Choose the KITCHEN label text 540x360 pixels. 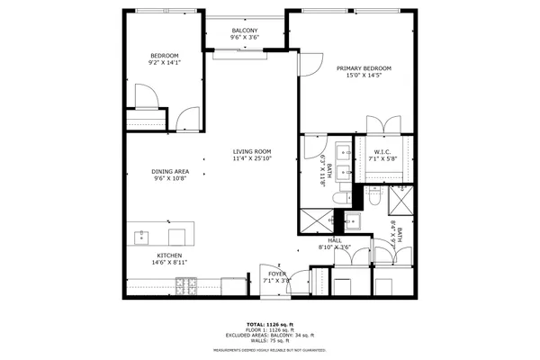click(x=169, y=259)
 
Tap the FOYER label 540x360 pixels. click(x=274, y=276)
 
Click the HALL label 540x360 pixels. click(x=335, y=242)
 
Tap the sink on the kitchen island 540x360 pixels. click(x=142, y=237)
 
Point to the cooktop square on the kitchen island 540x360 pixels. click(x=176, y=237)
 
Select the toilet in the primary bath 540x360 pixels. click(x=339, y=197)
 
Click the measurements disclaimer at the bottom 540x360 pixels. click(x=270, y=349)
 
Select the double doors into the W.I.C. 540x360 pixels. click(x=383, y=124)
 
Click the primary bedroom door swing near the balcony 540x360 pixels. click(x=309, y=63)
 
